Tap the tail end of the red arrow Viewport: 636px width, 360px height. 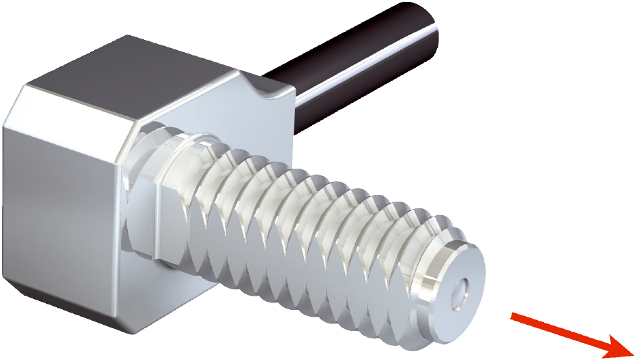pos(514,315)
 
